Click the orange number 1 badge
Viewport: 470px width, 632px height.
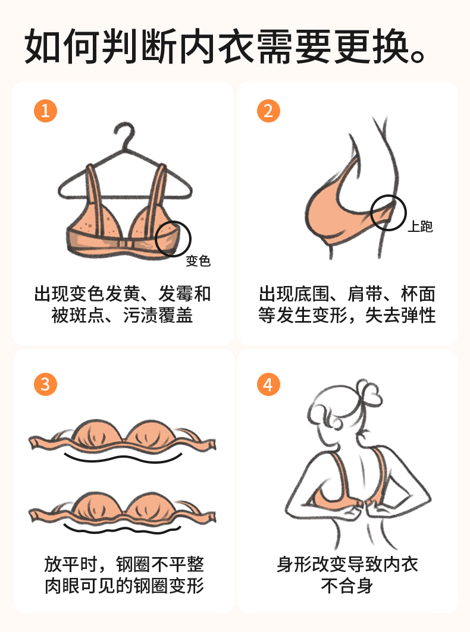coord(46,111)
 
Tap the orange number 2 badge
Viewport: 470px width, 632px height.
coord(268,111)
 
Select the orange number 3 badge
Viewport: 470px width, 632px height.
coord(46,384)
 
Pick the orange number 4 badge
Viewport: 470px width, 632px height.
coord(268,384)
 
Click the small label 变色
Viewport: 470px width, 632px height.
coord(198,261)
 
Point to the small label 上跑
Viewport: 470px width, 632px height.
coord(420,227)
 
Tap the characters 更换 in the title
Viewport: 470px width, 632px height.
coord(371,46)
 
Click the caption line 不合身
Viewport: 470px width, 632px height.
coord(347,586)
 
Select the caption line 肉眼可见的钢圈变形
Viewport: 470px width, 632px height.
coord(124,586)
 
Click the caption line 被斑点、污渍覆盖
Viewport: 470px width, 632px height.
coord(122,315)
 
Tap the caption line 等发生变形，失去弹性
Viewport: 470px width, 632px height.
coord(347,315)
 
